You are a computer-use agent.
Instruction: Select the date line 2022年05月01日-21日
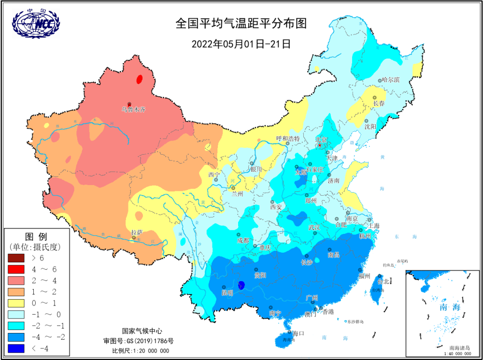[x=241, y=44]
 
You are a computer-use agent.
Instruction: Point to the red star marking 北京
[x=319, y=145]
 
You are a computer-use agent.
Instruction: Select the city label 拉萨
[x=137, y=232]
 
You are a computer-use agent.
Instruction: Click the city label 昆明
[x=227, y=293]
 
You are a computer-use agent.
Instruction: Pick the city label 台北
[x=382, y=281]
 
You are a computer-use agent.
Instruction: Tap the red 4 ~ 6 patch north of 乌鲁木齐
[x=140, y=79]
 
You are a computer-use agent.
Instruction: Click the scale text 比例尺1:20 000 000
[x=141, y=351]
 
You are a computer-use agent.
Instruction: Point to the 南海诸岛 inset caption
[x=459, y=348]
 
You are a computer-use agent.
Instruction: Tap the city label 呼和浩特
[x=288, y=139]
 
